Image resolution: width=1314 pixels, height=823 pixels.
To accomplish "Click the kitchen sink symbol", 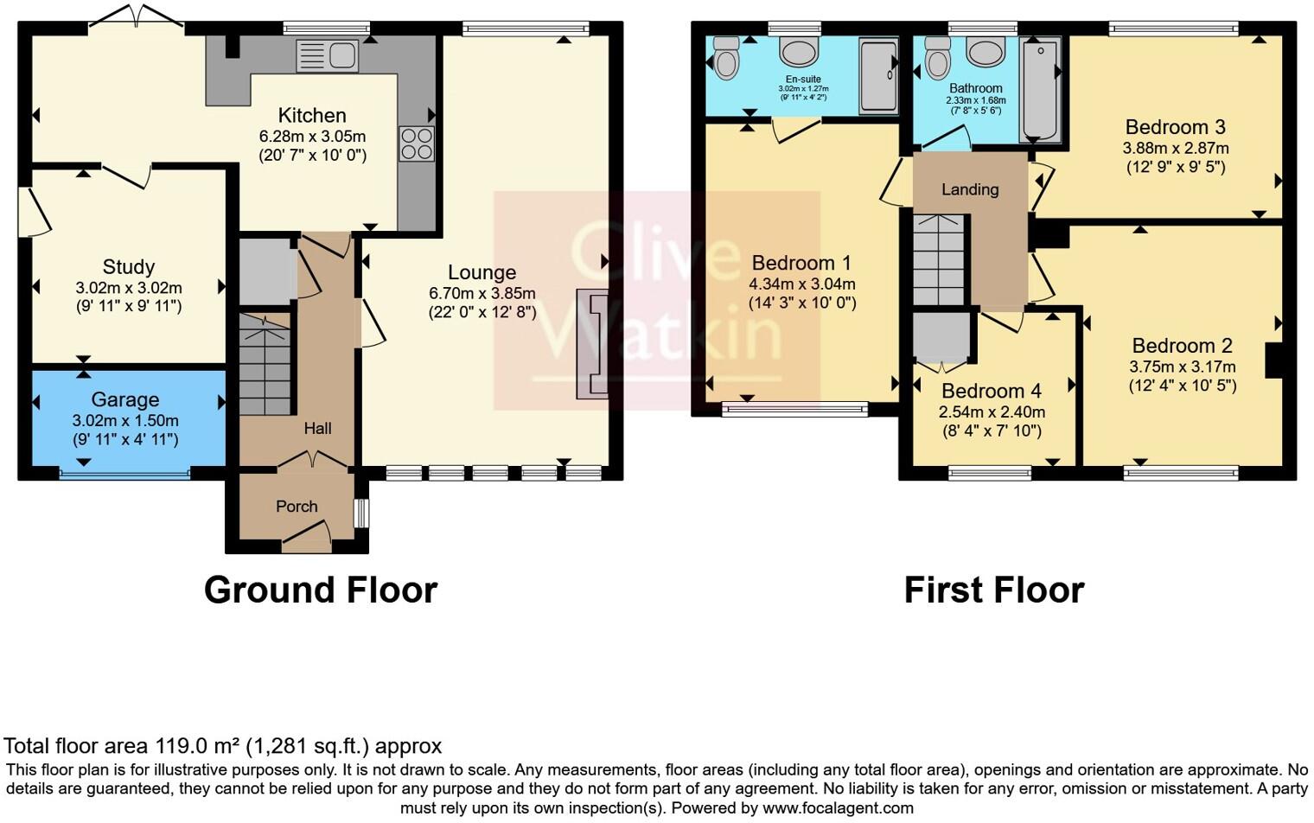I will [x=327, y=55].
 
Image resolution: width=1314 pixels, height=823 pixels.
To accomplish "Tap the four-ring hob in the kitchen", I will [x=416, y=144].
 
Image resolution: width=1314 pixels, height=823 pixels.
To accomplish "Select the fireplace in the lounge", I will [x=593, y=344].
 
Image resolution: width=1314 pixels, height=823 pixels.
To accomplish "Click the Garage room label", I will [x=125, y=399].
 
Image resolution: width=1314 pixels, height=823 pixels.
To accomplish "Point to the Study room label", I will [x=128, y=267].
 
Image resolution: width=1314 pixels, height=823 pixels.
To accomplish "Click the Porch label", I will [x=297, y=507].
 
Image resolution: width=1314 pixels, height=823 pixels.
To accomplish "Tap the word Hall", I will [x=317, y=428].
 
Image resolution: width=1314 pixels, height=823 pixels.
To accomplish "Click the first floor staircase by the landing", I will [x=939, y=259].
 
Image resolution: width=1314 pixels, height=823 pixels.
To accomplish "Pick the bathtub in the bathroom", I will [x=1040, y=89].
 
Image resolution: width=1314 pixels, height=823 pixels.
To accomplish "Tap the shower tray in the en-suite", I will [x=878, y=75].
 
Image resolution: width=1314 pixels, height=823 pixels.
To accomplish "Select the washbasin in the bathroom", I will [x=985, y=53].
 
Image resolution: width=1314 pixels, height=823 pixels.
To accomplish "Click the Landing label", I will [x=969, y=189].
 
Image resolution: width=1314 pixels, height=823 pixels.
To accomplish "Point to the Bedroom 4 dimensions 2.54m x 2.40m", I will [x=992, y=411].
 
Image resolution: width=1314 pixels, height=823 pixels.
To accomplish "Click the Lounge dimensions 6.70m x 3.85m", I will [x=482, y=293].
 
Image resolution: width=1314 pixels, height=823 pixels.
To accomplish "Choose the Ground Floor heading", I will [x=321, y=590].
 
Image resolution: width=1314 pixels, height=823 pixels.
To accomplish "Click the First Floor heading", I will [x=993, y=590].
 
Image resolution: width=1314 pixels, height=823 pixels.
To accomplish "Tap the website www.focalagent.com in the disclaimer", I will [x=838, y=808].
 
